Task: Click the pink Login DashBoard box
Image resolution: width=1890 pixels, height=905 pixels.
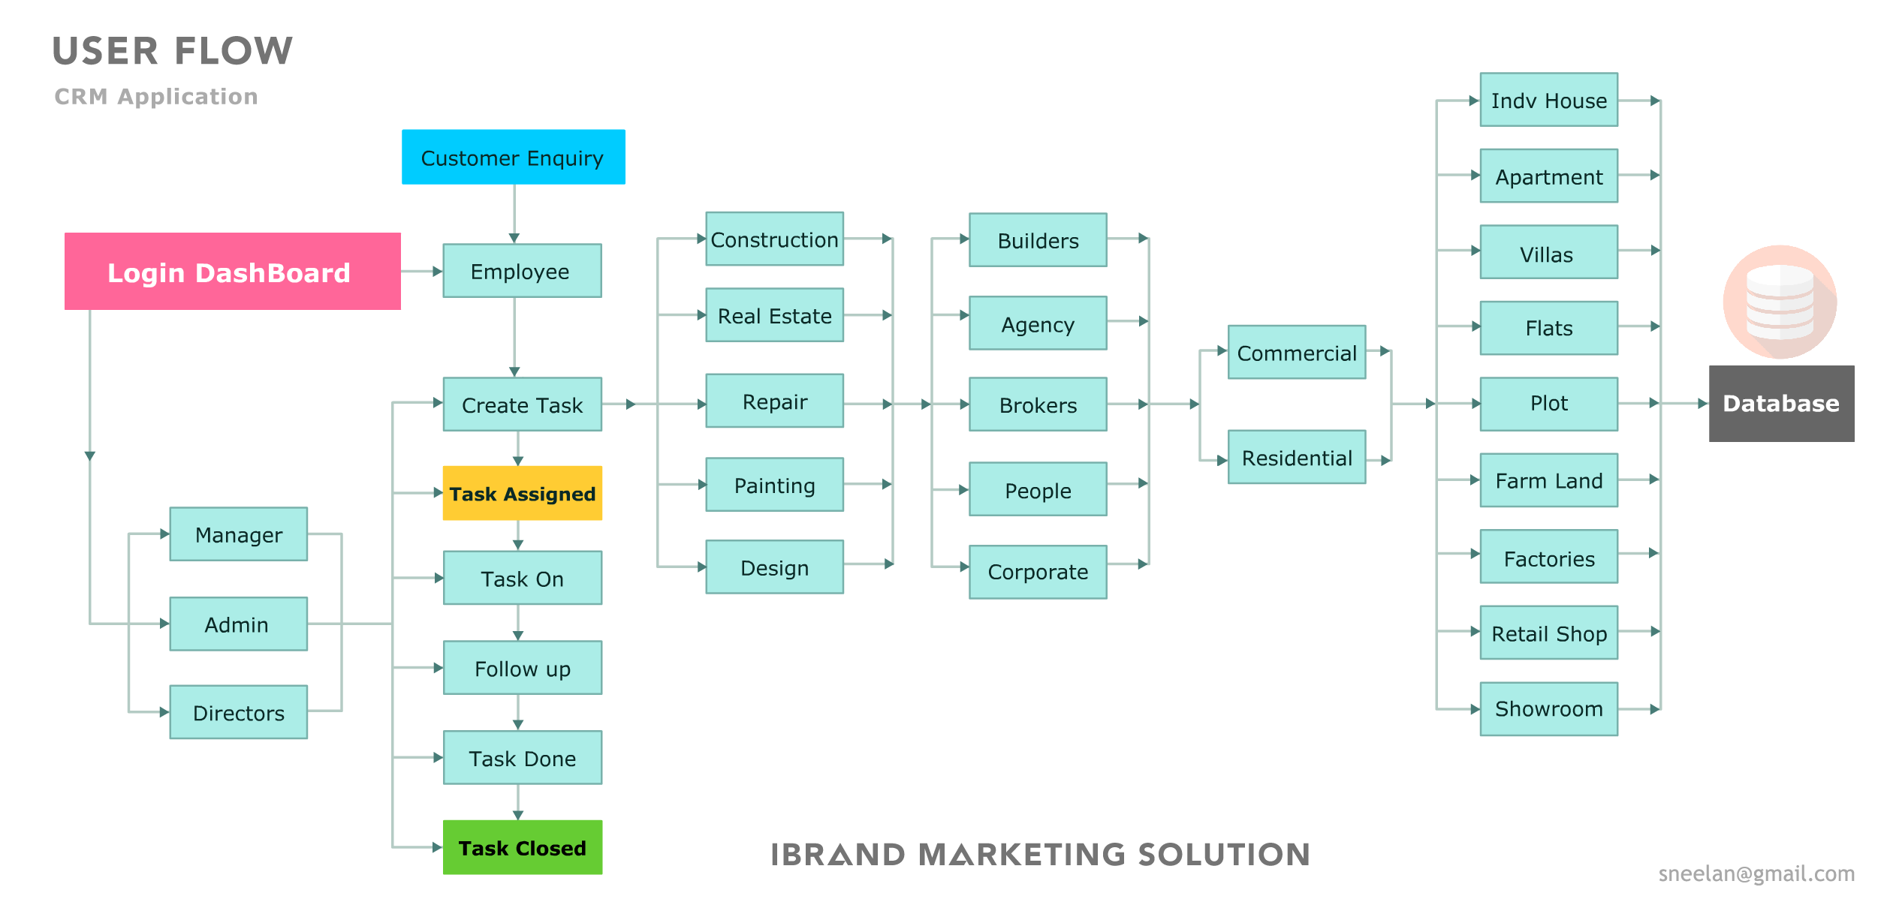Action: [232, 271]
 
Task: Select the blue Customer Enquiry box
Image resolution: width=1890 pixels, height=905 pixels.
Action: [513, 157]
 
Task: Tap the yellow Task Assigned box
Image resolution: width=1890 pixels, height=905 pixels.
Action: [522, 493]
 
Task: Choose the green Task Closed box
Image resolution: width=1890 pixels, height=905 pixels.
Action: [522, 847]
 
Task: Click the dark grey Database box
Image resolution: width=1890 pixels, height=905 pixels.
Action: [1780, 403]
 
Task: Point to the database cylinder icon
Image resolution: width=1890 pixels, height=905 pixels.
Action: [1779, 301]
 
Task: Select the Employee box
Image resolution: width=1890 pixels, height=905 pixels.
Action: [521, 270]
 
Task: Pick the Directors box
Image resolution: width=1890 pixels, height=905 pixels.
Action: [238, 711]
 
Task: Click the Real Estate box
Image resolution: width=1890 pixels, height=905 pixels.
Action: [774, 315]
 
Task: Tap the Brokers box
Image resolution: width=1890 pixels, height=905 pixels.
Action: [1037, 404]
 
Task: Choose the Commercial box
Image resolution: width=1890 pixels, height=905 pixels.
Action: [1296, 352]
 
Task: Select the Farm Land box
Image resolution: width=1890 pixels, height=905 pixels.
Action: [1548, 480]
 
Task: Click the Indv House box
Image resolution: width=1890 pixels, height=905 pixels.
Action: [1548, 100]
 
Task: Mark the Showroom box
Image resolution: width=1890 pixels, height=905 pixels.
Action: [1548, 708]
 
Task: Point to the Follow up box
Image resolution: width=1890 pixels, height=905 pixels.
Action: [522, 667]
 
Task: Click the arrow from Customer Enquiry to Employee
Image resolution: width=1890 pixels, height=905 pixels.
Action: [514, 214]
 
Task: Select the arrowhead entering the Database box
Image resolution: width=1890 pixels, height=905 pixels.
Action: [1702, 403]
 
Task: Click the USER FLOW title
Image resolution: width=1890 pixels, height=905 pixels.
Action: [172, 51]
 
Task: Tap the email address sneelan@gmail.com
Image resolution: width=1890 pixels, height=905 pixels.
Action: [1756, 873]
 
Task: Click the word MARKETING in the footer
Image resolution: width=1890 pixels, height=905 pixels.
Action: [1021, 854]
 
